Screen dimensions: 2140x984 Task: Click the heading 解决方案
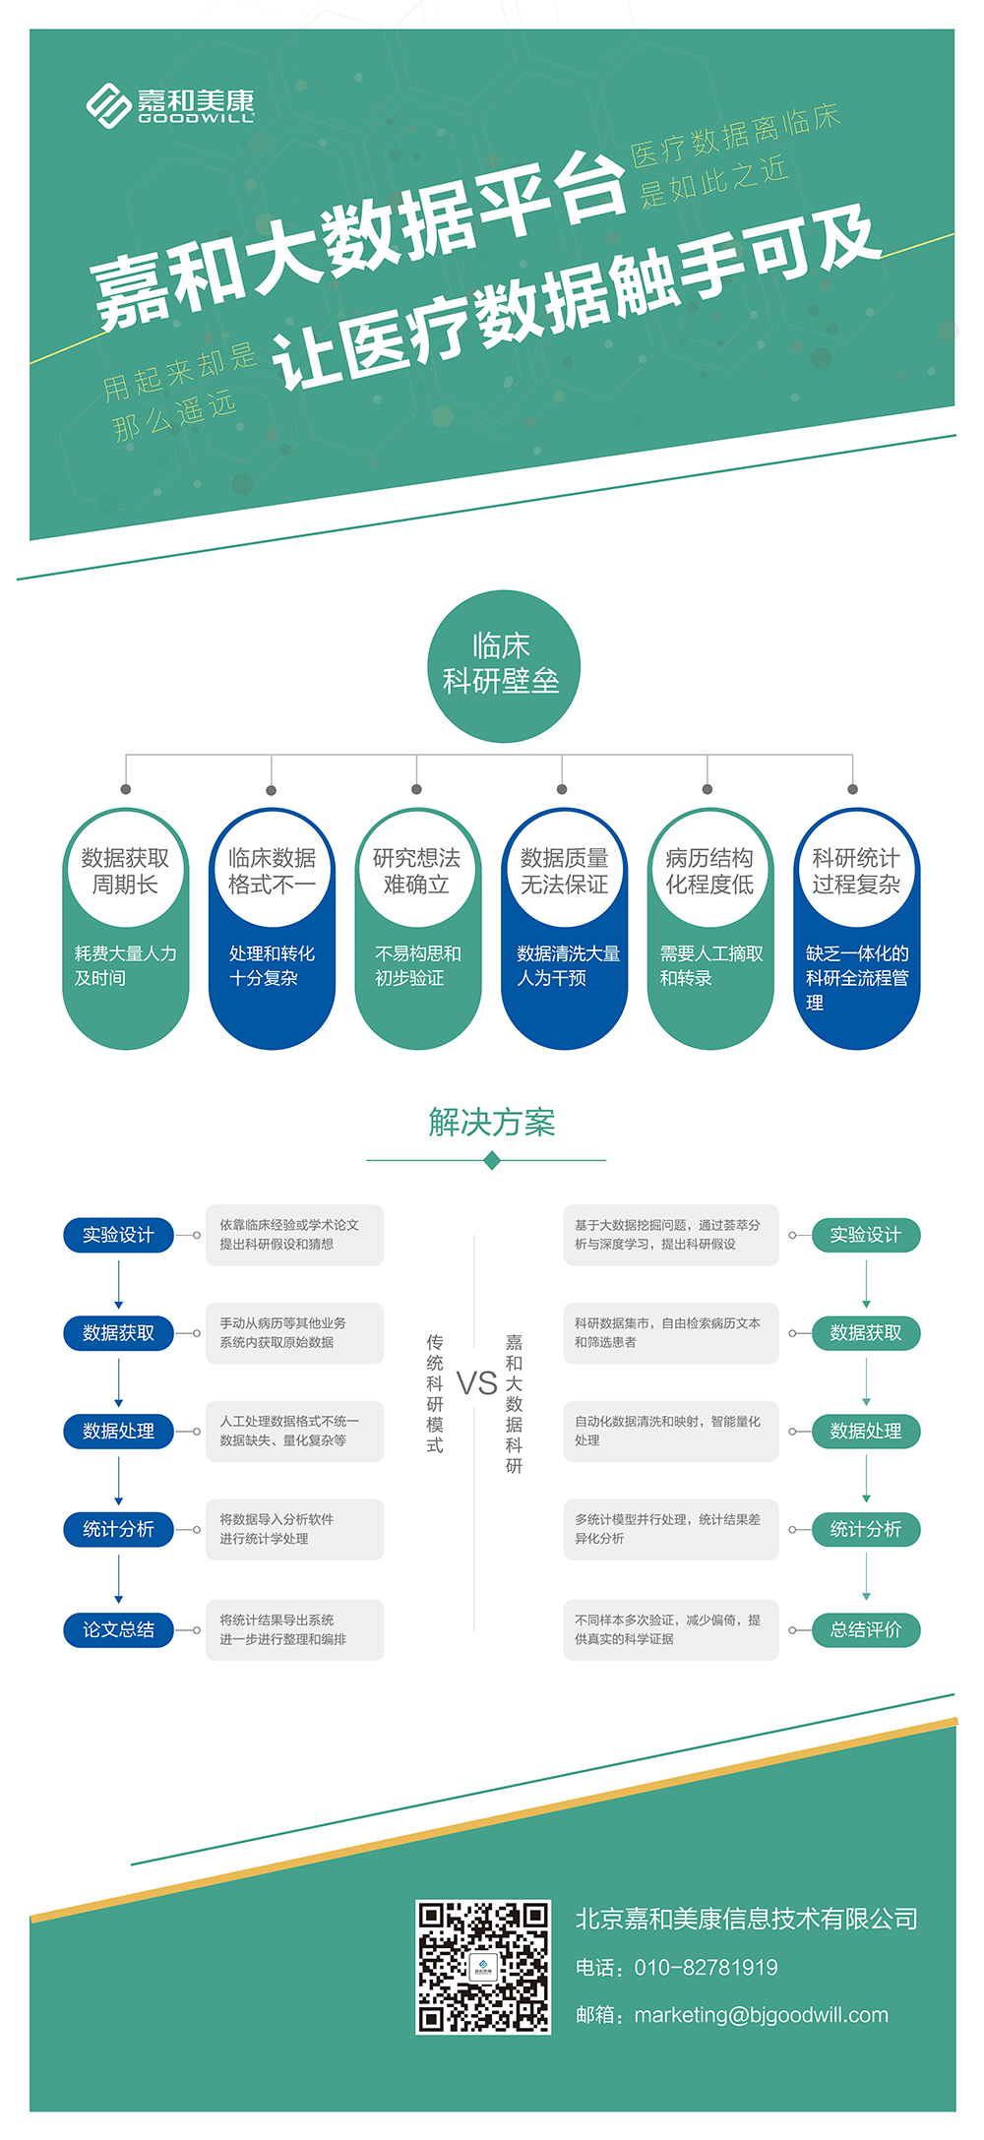[492, 1123]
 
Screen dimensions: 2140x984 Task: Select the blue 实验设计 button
[118, 1235]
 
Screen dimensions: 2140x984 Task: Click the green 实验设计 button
[865, 1235]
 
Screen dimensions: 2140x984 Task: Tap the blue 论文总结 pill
[118, 1629]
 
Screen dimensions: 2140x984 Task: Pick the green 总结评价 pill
[865, 1629]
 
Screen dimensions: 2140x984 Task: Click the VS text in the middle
[477, 1383]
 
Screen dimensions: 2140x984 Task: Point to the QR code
[482, 1967]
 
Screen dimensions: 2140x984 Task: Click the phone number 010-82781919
[706, 1967]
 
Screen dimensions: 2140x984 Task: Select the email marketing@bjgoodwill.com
[761, 2015]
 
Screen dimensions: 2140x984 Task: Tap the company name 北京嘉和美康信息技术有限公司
[746, 1918]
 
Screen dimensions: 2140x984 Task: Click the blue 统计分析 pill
[118, 1529]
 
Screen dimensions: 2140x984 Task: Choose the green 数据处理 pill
[865, 1432]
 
